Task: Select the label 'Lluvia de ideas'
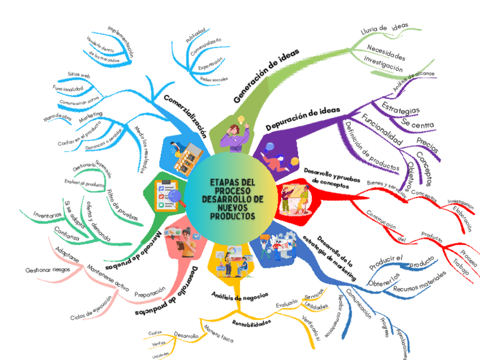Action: [x=384, y=28]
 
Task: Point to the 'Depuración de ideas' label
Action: [x=303, y=117]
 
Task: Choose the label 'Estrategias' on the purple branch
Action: [x=400, y=106]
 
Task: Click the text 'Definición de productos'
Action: [x=371, y=145]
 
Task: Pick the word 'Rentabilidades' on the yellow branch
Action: [x=252, y=323]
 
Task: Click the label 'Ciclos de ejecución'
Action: [x=91, y=308]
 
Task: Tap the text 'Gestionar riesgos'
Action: [x=48, y=270]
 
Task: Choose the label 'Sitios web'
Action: [x=79, y=75]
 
